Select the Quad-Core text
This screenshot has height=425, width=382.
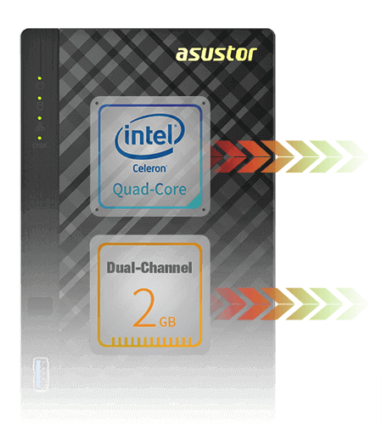point(152,187)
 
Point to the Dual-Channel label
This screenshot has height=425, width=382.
point(149,269)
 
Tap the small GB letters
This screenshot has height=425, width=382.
point(168,322)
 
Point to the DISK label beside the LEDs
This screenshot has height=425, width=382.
point(39,146)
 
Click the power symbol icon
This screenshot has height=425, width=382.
point(39,86)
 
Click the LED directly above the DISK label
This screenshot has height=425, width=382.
point(39,138)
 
